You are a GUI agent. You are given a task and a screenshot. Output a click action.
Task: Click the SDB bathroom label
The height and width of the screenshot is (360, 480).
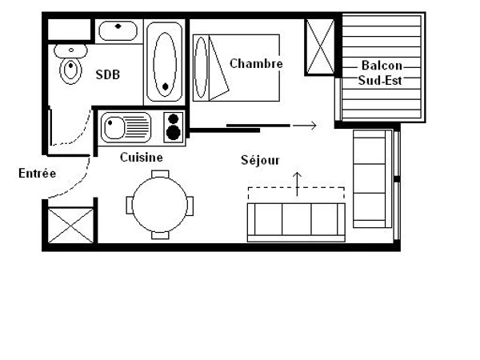pos(108,74)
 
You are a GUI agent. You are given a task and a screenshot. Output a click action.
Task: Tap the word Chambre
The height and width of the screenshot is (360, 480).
pos(256,63)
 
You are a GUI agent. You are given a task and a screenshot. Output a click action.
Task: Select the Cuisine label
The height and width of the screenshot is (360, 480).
pos(142,158)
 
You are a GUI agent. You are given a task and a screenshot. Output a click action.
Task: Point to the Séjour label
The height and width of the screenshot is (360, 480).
pos(261,160)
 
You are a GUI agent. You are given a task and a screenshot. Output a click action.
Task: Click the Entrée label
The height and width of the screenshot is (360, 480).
pos(38,173)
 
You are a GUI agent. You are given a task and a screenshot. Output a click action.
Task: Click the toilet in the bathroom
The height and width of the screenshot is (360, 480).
pos(71,67)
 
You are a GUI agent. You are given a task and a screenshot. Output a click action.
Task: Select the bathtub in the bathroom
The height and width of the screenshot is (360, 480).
pos(166,62)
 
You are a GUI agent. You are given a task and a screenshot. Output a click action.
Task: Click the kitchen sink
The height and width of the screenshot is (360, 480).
pos(126,127)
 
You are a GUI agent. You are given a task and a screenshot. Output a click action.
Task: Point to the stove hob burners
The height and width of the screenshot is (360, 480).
pos(174,127)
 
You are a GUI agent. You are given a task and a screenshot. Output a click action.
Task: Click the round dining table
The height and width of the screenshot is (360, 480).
pos(160,203)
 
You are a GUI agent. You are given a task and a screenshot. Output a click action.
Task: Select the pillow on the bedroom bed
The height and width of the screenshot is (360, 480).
pos(201,67)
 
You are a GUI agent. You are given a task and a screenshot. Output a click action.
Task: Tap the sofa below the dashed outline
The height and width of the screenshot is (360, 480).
pos(295,220)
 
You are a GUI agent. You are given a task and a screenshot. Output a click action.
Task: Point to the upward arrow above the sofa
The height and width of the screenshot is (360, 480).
pos(298,183)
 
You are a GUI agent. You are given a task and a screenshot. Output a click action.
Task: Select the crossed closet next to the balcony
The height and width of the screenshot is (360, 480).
pos(319,47)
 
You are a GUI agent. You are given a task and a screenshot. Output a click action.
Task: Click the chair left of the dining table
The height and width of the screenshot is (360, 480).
pos(130,204)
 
